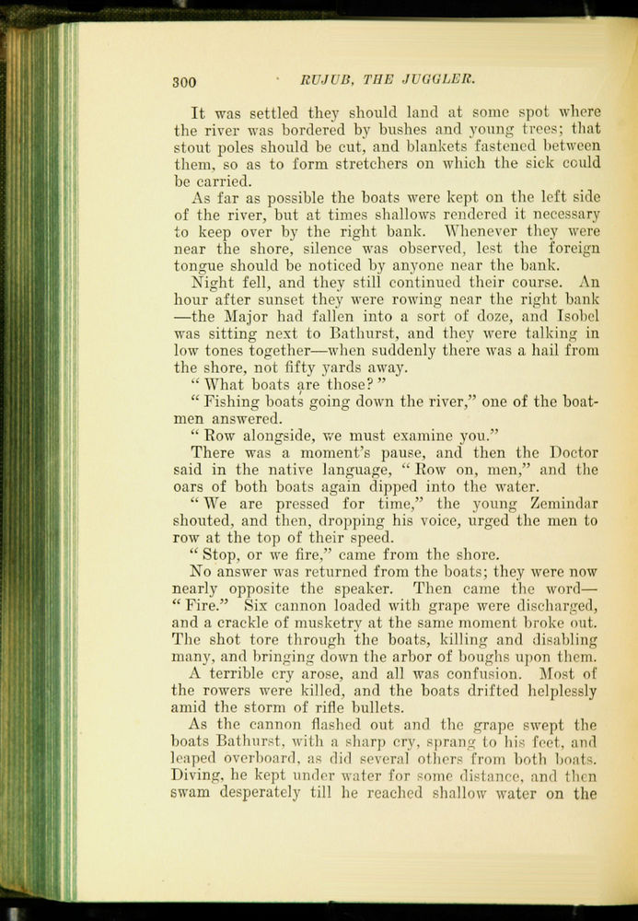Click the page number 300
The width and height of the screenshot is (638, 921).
184,83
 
